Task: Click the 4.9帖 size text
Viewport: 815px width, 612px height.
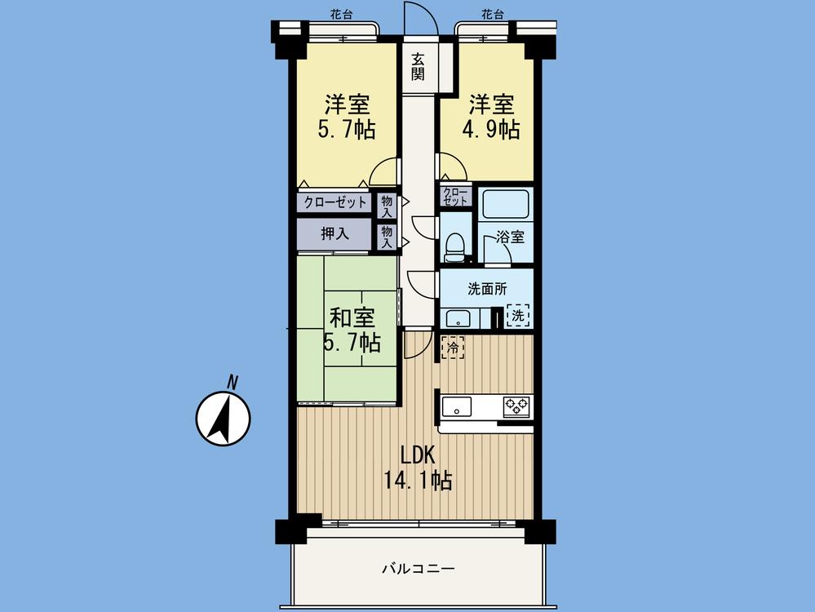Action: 491,129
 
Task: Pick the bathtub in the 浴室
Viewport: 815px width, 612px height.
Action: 504,205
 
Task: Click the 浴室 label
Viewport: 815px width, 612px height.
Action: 511,237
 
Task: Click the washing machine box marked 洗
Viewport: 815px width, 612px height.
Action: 517,315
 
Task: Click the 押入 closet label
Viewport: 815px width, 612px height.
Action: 334,234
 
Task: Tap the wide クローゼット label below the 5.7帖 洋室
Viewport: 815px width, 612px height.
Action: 335,202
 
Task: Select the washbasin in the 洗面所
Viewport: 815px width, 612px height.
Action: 458,318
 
